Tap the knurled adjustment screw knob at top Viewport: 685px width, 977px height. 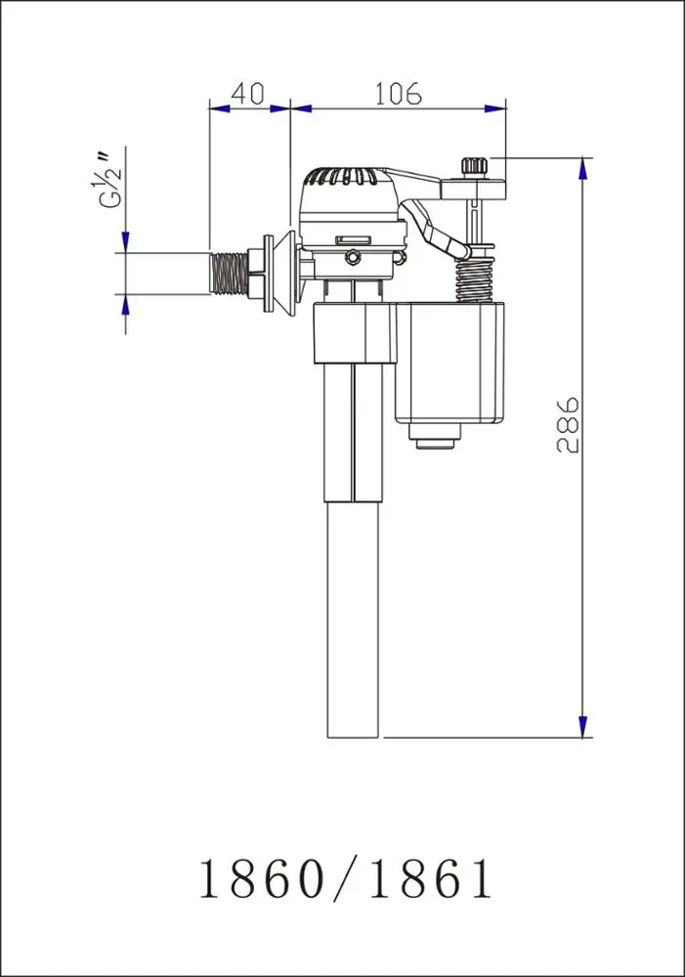[x=475, y=166]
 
